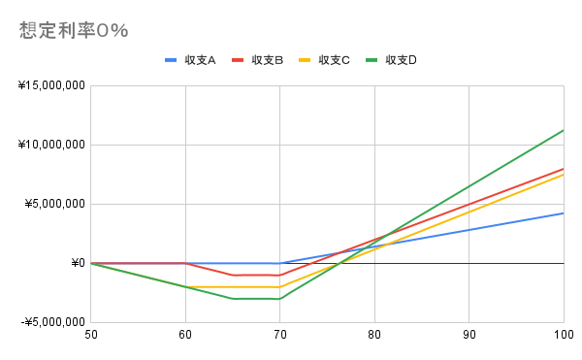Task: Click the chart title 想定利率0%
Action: tap(74, 30)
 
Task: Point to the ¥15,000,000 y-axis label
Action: tap(50, 85)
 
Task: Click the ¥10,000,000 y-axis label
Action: tap(50, 145)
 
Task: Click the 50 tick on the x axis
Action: tap(90, 336)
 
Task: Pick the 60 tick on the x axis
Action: tap(185, 336)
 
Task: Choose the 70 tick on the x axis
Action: tap(279, 336)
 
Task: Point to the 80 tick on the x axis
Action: tap(374, 336)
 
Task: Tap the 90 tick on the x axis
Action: tap(469, 336)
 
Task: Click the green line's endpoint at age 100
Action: tap(563, 130)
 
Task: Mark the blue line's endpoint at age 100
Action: tap(563, 213)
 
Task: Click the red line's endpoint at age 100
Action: tap(563, 169)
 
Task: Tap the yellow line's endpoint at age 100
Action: tap(563, 175)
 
